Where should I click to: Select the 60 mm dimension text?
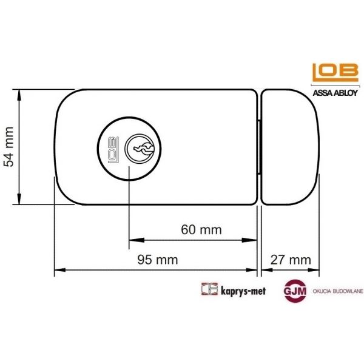[x=201, y=230]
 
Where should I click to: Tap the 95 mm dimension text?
[x=157, y=260]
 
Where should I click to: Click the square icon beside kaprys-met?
[x=209, y=290]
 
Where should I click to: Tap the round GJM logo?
[x=295, y=291]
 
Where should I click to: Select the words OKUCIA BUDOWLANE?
[x=336, y=291]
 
